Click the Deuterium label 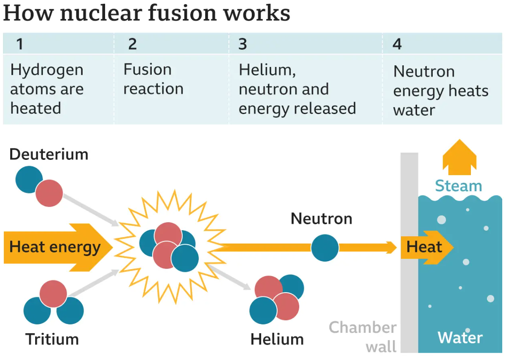[49, 154]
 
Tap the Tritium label [52, 339]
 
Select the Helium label [277, 339]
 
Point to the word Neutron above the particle [321, 219]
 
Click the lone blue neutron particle [325, 248]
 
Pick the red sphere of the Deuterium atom [49, 193]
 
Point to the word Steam [459, 186]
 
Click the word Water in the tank [460, 338]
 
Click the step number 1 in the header [19, 44]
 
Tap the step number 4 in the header [397, 44]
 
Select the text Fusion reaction [153, 79]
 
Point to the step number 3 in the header [242, 44]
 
